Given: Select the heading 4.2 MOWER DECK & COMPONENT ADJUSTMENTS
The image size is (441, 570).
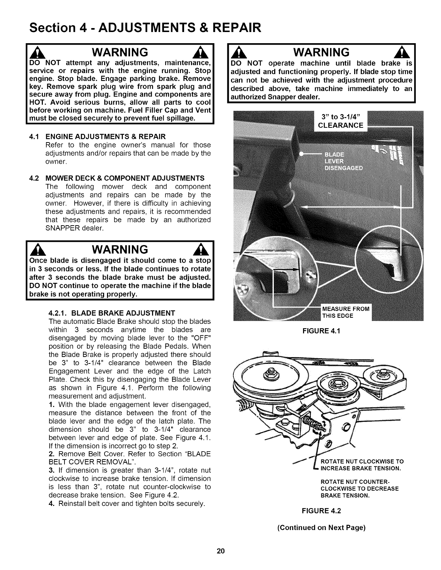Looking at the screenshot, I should click(x=117, y=178).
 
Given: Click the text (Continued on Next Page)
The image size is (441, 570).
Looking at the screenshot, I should click(x=321, y=528).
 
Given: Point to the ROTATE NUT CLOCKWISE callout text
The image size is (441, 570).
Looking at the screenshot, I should click(x=361, y=465).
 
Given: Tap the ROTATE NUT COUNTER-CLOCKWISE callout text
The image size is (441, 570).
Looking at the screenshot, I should click(x=359, y=489).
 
